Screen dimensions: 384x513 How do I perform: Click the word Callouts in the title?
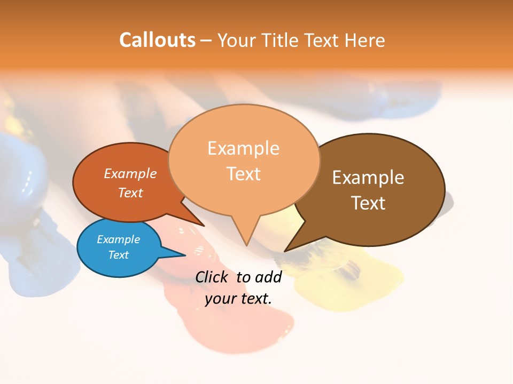point(157,40)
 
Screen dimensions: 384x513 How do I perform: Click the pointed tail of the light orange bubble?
point(246,243)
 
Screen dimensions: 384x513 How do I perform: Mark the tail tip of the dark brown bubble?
point(286,250)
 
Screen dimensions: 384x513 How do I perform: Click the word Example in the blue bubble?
point(119,239)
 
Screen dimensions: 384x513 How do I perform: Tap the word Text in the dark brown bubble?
point(368,203)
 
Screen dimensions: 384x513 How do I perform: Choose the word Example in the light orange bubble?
point(243,148)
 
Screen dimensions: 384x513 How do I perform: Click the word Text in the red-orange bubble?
point(130,193)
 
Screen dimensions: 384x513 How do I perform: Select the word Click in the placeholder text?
point(212,277)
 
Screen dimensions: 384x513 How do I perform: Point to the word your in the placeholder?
point(220,299)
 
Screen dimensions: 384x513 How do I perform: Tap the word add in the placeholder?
point(268,277)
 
